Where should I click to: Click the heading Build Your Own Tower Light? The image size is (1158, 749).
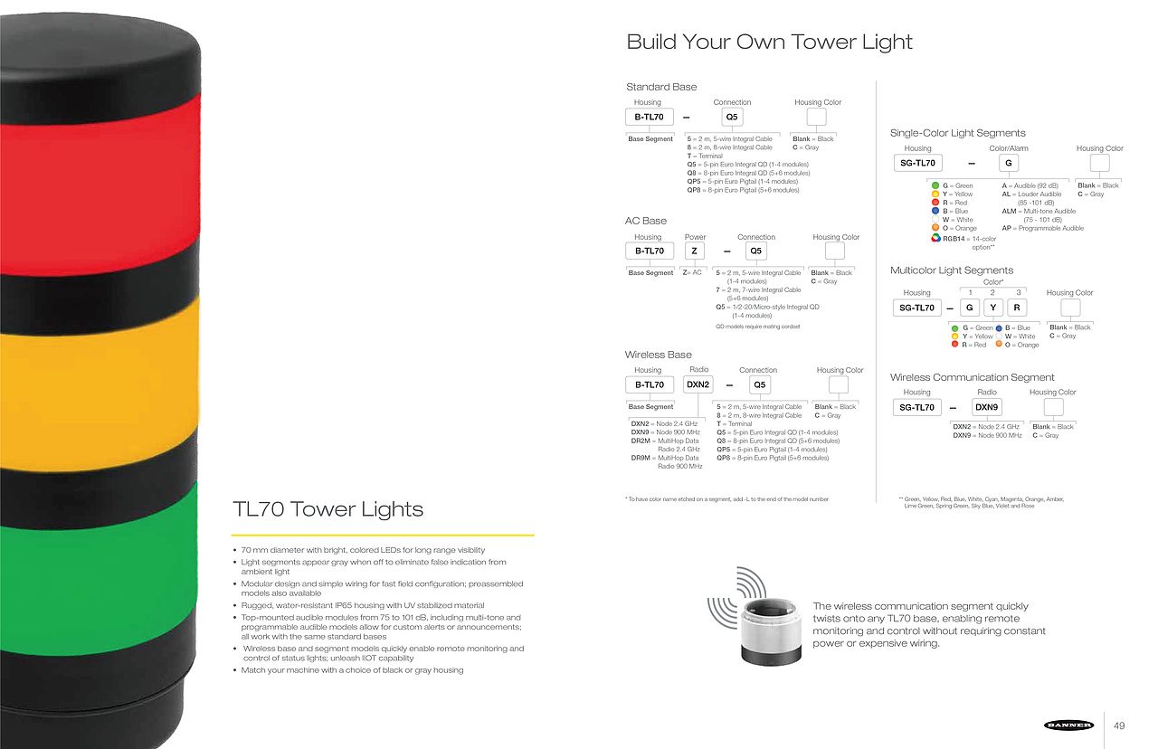(x=769, y=42)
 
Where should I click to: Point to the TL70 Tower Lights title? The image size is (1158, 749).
(x=328, y=509)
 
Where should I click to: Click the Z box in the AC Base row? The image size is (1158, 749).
(x=695, y=251)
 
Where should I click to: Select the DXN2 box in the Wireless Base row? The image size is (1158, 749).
(x=698, y=384)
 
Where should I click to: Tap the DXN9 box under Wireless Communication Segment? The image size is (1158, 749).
(x=986, y=407)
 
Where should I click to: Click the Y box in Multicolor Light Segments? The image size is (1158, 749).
(x=992, y=308)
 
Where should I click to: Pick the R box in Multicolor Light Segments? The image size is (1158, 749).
(x=1017, y=308)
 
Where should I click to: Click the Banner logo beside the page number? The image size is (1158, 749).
(x=1068, y=725)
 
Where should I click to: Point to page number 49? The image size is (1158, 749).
(x=1119, y=725)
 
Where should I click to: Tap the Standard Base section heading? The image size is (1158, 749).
(x=661, y=87)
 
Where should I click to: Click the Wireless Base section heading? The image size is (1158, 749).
(x=658, y=355)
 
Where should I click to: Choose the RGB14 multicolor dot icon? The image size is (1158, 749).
(x=936, y=239)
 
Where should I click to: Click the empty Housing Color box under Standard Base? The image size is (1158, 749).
(x=818, y=117)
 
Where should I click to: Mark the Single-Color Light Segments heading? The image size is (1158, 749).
(x=958, y=133)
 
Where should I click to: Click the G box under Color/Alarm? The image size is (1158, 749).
(x=1009, y=163)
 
